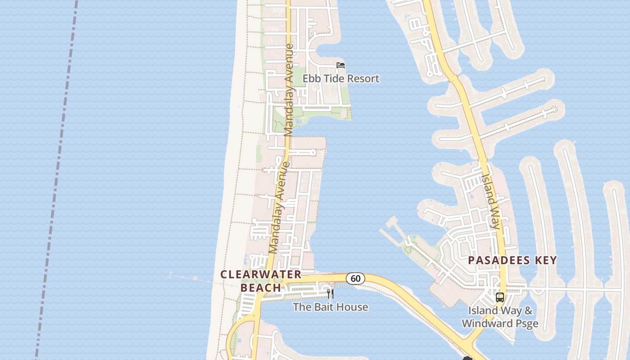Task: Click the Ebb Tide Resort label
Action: click(x=341, y=79)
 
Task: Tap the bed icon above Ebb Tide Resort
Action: click(x=341, y=65)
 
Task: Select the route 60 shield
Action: click(x=355, y=279)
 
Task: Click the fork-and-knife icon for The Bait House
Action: click(x=330, y=294)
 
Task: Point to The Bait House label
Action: click(x=330, y=307)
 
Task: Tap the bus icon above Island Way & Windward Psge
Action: click(x=499, y=297)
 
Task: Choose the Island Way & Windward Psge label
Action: click(x=500, y=317)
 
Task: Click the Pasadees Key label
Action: click(x=513, y=260)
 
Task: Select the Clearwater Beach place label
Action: click(x=261, y=280)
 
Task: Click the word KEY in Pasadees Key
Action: click(x=544, y=260)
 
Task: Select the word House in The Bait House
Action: click(x=353, y=307)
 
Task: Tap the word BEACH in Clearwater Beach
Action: click(x=261, y=287)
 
